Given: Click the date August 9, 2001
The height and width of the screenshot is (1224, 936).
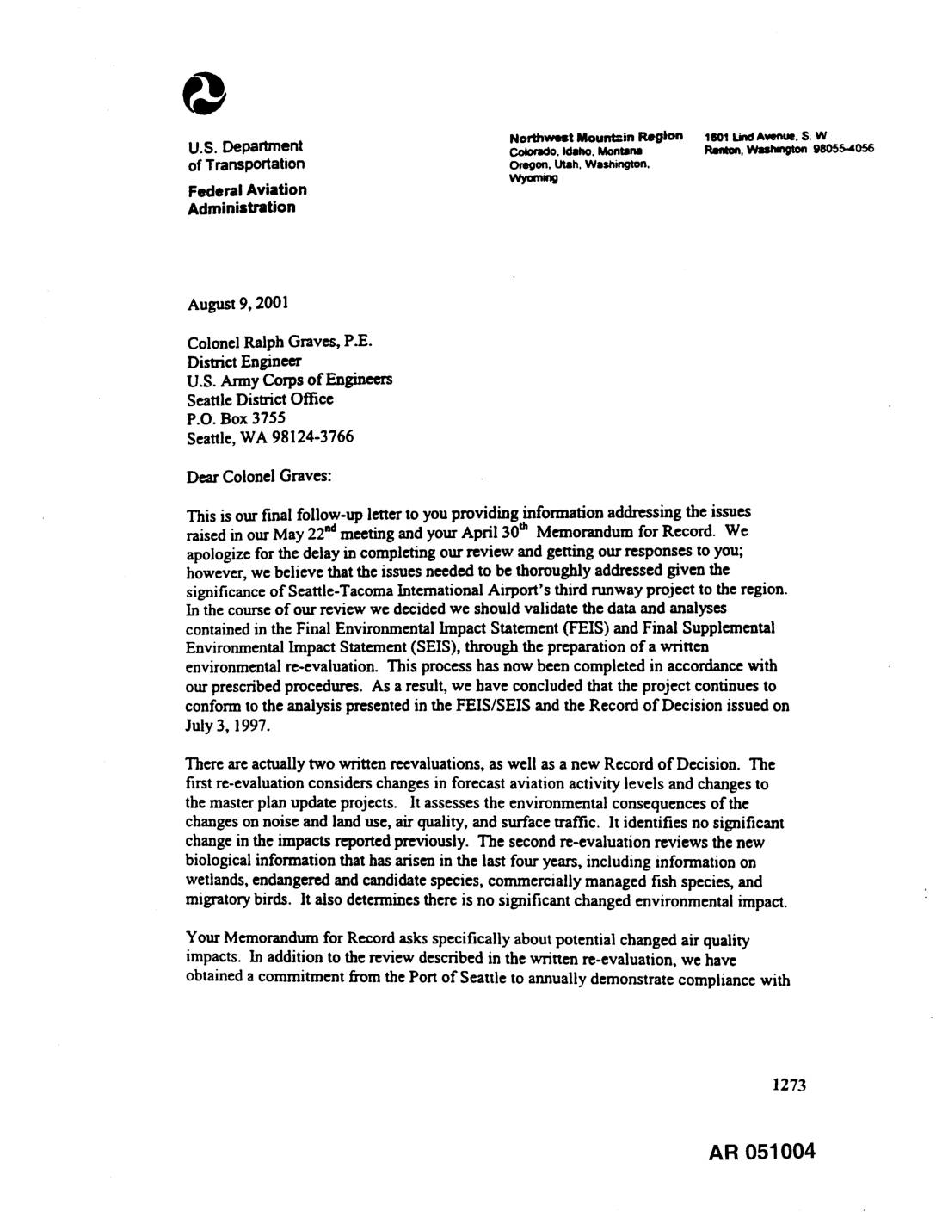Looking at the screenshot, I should pyautogui.click(x=237, y=303).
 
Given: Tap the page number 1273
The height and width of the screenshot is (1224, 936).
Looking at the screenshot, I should pyautogui.click(x=788, y=1085).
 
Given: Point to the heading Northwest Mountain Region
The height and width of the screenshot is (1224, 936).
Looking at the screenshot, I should pyautogui.click(x=595, y=136).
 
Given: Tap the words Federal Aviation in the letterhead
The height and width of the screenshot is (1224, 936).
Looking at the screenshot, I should pyautogui.click(x=246, y=189).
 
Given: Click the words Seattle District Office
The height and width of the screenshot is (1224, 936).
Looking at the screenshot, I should pyautogui.click(x=260, y=399).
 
